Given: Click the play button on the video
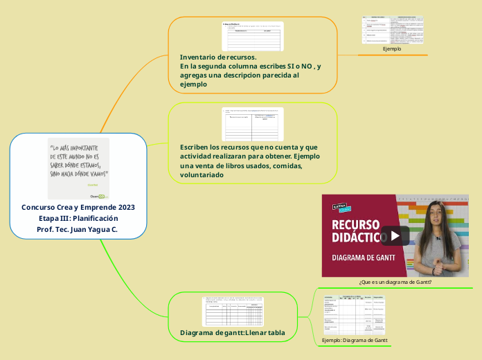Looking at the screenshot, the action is [x=395, y=235].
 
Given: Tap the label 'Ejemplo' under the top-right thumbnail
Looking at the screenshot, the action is [x=392, y=49].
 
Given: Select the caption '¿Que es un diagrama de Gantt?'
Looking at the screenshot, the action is [x=395, y=282].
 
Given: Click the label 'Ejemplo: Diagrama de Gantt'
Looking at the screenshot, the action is [x=355, y=340].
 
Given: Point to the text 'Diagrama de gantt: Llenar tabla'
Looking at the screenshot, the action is [x=233, y=333].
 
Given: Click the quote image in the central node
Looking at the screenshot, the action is [x=78, y=169].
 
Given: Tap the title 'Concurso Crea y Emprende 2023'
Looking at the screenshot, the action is [x=78, y=207].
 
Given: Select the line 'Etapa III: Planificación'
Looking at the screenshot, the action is [x=78, y=218].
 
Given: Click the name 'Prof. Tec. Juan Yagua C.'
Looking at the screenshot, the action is [x=78, y=229].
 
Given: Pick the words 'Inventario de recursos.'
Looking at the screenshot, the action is [x=218, y=57].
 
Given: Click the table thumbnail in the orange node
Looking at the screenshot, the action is [x=252, y=36].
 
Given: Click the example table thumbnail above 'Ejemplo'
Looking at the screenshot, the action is [x=392, y=30].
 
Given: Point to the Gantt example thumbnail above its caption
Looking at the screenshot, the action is [x=354, y=316].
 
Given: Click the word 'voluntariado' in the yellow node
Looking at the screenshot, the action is [x=202, y=175].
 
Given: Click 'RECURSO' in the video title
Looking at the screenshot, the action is [x=357, y=224].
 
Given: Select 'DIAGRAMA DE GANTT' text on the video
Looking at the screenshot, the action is [x=364, y=258].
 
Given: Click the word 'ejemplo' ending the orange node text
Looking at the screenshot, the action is [x=194, y=84].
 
